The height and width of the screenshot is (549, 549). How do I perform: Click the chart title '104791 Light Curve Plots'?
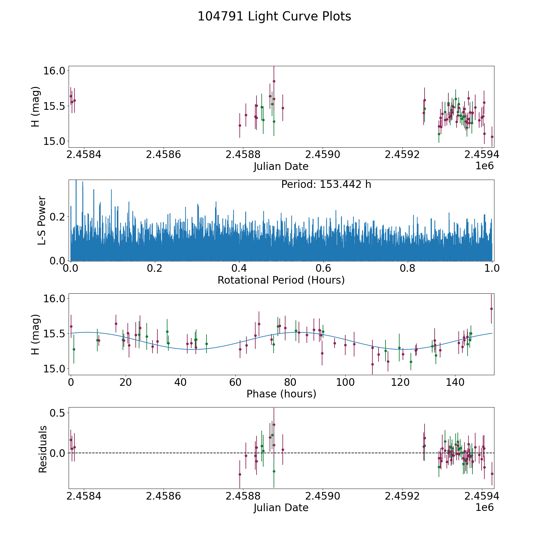point(274,16)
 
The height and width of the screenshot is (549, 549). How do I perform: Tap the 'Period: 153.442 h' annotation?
point(326,185)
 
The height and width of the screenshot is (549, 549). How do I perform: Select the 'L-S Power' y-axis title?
point(42,220)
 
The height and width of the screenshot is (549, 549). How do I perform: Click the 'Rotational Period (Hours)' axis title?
point(281,280)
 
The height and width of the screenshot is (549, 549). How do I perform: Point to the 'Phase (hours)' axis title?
point(281,394)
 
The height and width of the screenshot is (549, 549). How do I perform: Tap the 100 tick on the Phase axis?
point(345,382)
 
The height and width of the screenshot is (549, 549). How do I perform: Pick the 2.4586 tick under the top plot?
point(163,155)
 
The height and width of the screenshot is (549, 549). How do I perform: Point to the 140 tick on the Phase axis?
point(455,382)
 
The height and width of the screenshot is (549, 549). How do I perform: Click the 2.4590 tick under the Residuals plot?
point(323,496)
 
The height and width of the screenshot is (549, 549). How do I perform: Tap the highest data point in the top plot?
point(274,81)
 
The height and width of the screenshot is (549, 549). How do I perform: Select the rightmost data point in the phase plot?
point(491,309)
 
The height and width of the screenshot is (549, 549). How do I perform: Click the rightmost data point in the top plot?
point(492,137)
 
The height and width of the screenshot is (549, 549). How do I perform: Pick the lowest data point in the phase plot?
point(372,364)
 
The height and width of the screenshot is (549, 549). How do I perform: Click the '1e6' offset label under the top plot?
point(484,166)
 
